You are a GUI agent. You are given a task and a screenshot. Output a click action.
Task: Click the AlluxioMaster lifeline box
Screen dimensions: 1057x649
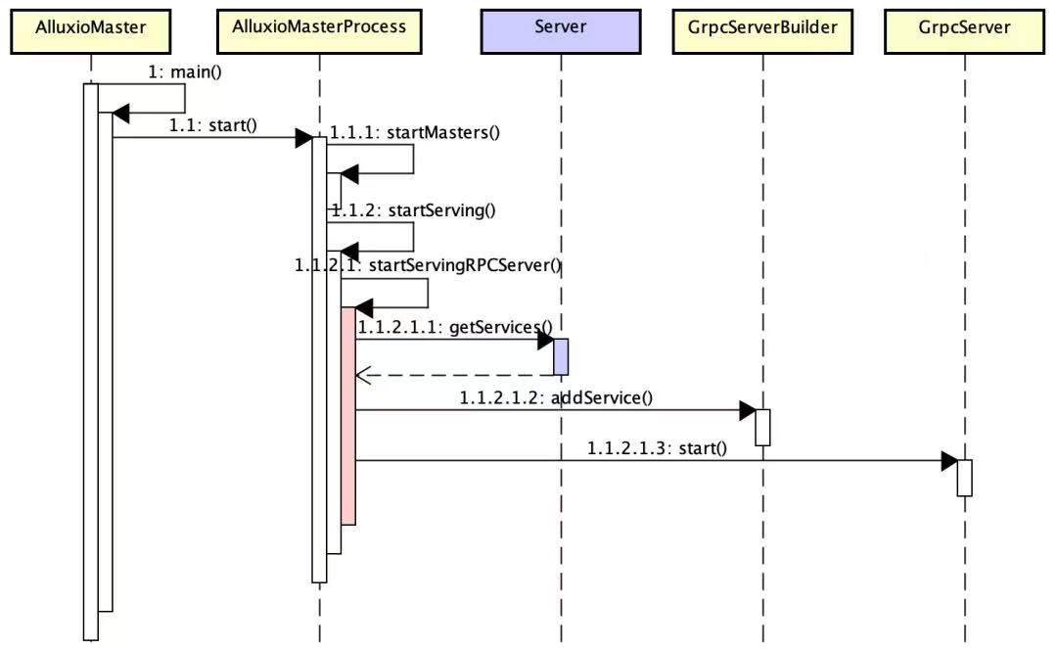coord(90,31)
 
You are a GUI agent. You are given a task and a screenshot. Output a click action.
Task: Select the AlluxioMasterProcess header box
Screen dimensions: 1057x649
coord(319,31)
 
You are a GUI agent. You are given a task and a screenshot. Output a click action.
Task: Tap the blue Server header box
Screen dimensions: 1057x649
coord(560,31)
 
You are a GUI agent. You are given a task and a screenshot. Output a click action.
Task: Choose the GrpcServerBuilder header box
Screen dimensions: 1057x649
coord(762,31)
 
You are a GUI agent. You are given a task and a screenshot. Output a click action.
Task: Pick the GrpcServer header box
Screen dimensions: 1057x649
coord(964,31)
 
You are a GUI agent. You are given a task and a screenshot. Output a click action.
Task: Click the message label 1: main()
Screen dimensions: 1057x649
coord(185,72)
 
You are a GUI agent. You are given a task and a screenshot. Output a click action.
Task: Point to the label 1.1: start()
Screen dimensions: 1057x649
coord(213,125)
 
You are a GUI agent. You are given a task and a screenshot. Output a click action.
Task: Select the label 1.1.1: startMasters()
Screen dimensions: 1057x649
coord(415,133)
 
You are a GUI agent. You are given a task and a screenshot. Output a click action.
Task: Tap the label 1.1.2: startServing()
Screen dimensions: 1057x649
coord(413,210)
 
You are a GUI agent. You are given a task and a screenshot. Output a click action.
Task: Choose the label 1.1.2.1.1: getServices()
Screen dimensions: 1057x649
coord(455,328)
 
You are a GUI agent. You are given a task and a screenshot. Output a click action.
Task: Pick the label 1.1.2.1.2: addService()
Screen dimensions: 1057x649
coord(556,397)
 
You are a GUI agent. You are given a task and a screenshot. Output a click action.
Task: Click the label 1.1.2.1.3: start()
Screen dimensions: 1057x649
coord(658,448)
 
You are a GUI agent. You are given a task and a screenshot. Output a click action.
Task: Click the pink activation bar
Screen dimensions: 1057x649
coord(347,416)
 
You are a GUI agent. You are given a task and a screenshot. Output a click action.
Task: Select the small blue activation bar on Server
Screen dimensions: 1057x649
coord(561,356)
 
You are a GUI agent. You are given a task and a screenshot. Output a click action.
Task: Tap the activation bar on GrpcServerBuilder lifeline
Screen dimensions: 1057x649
coord(762,427)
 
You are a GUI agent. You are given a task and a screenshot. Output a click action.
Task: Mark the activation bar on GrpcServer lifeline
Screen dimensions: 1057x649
coord(965,478)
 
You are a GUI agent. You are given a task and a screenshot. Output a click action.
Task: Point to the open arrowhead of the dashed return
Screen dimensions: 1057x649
coord(363,375)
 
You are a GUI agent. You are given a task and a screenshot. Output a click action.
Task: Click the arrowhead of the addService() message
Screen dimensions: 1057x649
coord(748,410)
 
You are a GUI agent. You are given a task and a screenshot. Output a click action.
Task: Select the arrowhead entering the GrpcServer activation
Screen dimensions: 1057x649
coord(949,461)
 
